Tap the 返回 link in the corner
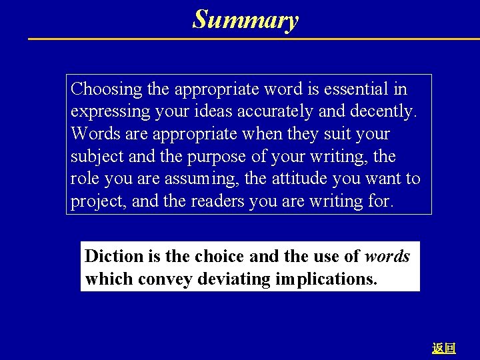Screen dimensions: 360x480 [x=443, y=348]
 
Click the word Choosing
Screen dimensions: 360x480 [x=107, y=89]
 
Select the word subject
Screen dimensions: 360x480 [x=96, y=157]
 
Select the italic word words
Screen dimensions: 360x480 [x=387, y=256]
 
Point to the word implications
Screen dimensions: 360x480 [x=325, y=279]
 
